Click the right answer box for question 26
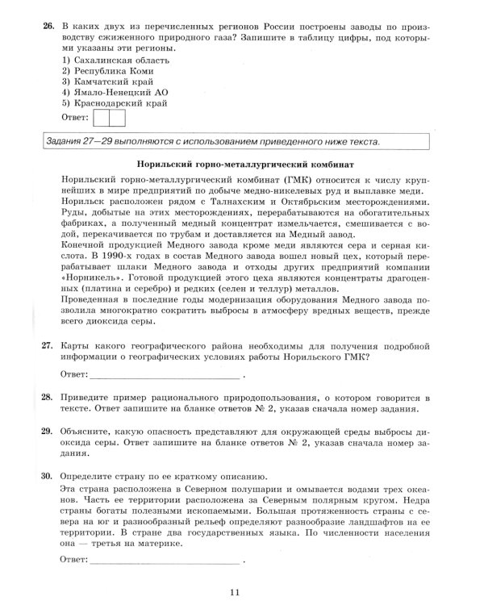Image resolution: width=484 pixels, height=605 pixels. coord(116,118)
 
